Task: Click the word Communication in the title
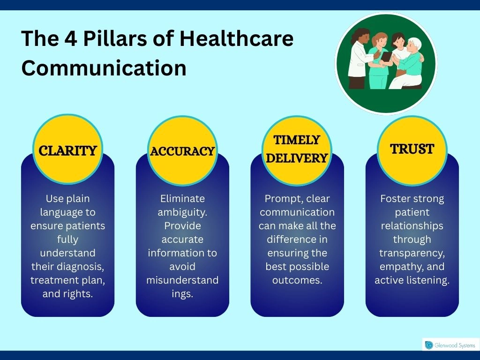click(104, 68)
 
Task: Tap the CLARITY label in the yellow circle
click(67, 151)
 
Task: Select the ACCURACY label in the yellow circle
click(182, 151)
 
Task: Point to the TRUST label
click(412, 149)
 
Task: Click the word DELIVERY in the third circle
click(297, 158)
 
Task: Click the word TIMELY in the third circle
click(297, 140)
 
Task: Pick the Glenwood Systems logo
click(450, 345)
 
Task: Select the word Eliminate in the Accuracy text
click(182, 199)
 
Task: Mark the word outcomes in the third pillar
click(297, 280)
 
